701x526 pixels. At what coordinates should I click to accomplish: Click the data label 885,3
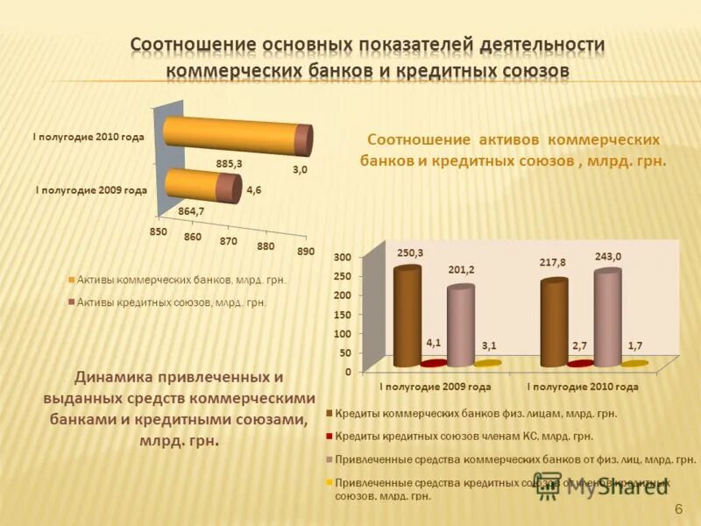coord(229,163)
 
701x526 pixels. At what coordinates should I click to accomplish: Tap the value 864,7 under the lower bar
coord(191,211)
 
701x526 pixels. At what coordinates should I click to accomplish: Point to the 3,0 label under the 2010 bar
coord(300,170)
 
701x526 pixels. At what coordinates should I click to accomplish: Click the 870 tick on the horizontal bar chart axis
coord(229,241)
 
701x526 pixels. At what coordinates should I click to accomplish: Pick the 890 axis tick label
coord(305,252)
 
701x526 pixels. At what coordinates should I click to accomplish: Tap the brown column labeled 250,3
coord(407,316)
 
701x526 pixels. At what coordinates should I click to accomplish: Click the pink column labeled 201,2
coord(460,324)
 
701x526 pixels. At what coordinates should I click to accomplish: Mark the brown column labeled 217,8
coord(553,322)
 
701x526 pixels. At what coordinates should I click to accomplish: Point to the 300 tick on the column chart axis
coord(342,257)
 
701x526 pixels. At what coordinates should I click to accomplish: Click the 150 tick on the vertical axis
coord(342,315)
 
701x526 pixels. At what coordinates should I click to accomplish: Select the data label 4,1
coord(434,343)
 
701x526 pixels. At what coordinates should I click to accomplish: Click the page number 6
coord(678,510)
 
